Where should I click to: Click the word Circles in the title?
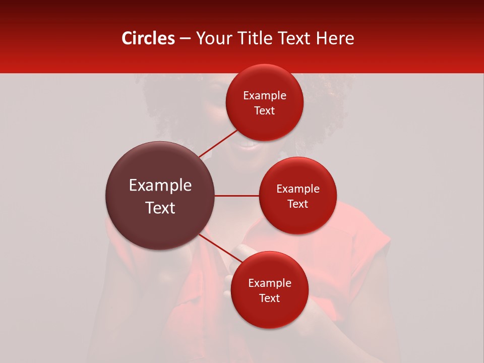(x=148, y=38)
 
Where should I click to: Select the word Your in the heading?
(x=212, y=38)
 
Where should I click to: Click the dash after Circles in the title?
(x=185, y=39)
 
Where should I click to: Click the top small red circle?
(x=264, y=126)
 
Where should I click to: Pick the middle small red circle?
(x=297, y=222)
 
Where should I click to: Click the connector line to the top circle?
(x=218, y=144)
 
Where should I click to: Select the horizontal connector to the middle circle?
(x=236, y=196)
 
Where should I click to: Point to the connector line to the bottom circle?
(x=218, y=248)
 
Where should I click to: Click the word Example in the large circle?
(x=160, y=186)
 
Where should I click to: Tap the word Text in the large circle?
(x=160, y=208)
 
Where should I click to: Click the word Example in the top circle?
(x=265, y=96)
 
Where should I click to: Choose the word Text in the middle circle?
(x=297, y=204)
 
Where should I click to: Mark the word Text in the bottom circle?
(x=269, y=298)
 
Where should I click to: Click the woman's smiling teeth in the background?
(x=247, y=144)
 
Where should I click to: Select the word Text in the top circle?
(x=265, y=110)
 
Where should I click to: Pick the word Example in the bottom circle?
(x=270, y=283)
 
